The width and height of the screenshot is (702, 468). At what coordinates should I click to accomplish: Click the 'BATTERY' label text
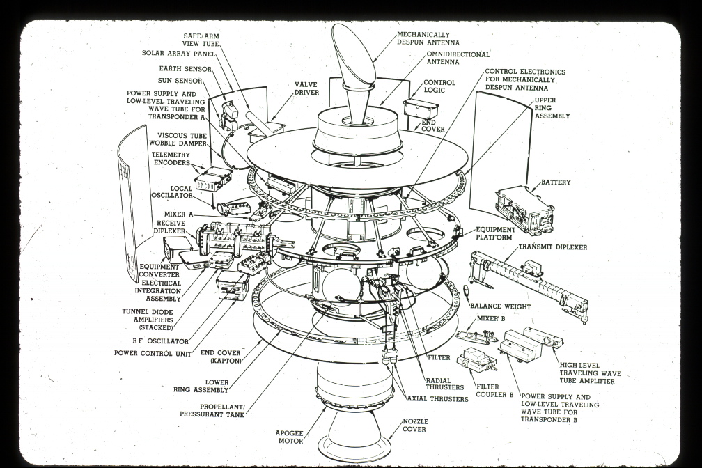click(x=556, y=182)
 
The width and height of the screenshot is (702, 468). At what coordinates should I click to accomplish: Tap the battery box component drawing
click(x=524, y=208)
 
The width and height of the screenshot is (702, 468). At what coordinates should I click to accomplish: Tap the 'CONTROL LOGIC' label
click(x=439, y=87)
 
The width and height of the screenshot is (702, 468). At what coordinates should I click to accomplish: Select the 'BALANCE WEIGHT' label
click(x=499, y=306)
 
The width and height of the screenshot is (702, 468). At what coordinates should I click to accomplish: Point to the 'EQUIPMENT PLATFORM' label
click(x=496, y=233)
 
